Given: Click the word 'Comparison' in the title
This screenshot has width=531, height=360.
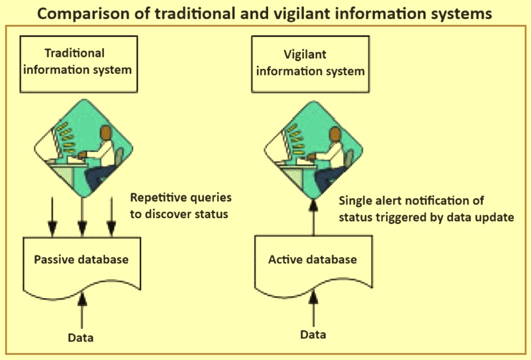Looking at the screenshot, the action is coord(83,14).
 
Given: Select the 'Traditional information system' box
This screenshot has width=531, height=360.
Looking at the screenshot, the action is coord(79,64).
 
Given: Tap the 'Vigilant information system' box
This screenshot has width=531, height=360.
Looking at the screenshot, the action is coord(310,64).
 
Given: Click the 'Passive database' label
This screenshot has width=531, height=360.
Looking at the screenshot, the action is coord(81,259).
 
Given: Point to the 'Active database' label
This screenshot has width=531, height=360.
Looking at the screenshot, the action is coord(313,259).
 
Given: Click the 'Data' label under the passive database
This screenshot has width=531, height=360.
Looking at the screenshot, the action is coord(80,338).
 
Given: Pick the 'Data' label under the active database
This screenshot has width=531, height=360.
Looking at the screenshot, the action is coord(313,335).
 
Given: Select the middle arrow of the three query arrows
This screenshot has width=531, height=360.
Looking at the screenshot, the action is coord(82,217).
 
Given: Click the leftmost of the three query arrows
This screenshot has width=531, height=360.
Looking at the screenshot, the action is coord(52,217).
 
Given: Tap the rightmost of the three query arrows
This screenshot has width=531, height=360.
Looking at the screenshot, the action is coord(112,217).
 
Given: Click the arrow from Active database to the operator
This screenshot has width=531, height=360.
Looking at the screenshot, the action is coord(314,217).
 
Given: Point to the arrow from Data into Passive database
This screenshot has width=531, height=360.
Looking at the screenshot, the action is coord(82,310).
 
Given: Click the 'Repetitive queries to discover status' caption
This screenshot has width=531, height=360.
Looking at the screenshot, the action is coord(181,206).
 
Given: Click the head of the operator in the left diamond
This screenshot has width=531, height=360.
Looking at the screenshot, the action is coord(106,133).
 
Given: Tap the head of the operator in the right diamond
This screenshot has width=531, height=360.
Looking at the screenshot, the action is coord(336,135).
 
